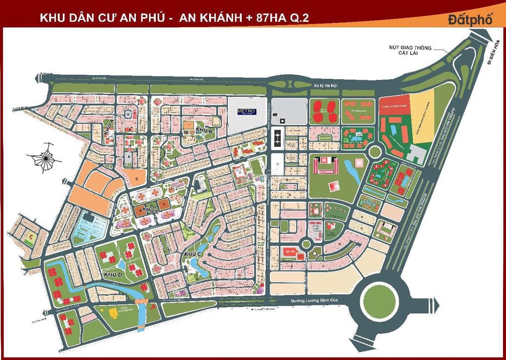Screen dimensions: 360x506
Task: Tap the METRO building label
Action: click(x=246, y=111)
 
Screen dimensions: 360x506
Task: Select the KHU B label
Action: click(x=204, y=130)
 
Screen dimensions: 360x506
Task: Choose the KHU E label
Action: click(x=149, y=210)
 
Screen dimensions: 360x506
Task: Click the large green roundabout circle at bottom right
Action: click(x=379, y=299)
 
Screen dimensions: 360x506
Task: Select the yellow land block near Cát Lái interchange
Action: click(x=424, y=119)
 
